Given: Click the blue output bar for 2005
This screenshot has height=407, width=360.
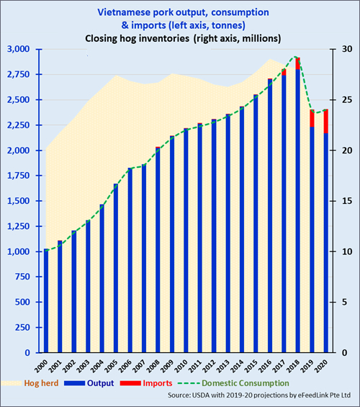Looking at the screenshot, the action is (x=116, y=268).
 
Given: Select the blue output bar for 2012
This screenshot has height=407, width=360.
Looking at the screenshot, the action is (x=214, y=236).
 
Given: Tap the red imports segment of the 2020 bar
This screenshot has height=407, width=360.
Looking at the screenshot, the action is (x=325, y=121).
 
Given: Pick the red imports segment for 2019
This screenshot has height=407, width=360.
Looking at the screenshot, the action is (x=312, y=118).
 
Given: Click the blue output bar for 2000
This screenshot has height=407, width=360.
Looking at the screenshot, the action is (x=46, y=300).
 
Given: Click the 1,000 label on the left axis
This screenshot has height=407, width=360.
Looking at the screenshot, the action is (x=18, y=251).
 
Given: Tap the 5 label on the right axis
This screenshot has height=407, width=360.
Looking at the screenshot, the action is (x=344, y=302).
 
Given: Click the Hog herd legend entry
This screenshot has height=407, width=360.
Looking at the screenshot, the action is (x=30, y=383).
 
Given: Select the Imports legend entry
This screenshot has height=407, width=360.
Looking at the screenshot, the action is (x=146, y=383).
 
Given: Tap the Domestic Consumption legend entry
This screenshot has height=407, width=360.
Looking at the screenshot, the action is (x=233, y=383).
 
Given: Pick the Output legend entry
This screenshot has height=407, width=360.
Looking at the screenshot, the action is (x=89, y=383).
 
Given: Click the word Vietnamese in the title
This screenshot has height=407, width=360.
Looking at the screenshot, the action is (x=124, y=12).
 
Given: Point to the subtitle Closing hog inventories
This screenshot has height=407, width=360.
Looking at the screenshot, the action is (x=138, y=38).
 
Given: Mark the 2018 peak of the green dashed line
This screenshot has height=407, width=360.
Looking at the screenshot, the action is (x=295, y=57).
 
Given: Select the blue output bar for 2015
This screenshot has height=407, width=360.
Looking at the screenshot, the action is (x=256, y=224).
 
